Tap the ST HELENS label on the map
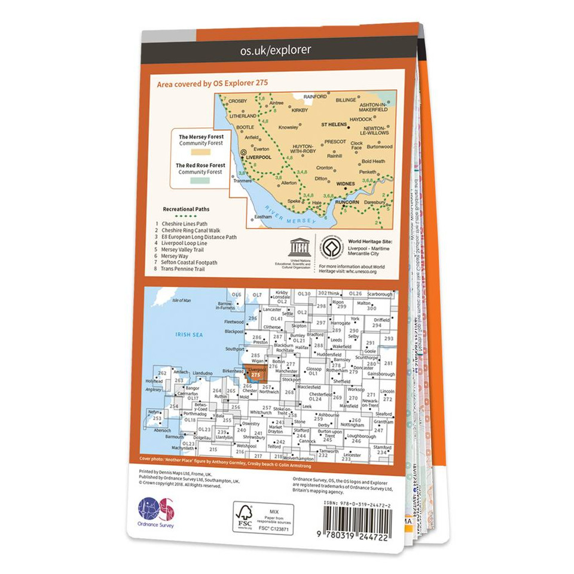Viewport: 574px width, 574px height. [334, 124]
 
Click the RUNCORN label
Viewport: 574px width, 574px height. [347, 203]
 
